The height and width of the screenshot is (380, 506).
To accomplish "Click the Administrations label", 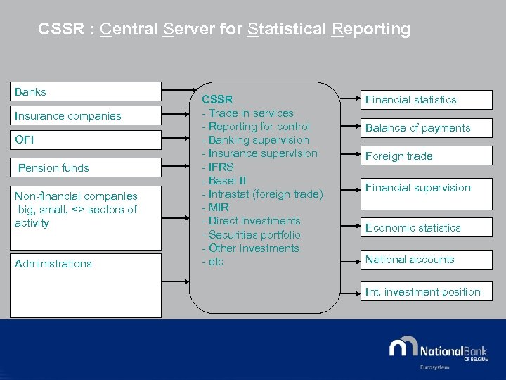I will pos(53,263).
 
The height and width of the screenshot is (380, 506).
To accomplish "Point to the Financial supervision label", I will pos(418,188).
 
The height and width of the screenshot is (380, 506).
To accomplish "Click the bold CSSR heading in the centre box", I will pos(217,99).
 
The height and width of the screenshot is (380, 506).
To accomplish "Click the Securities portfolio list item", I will pos(251,234).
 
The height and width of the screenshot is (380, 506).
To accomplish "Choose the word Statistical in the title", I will pos(287,30).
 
